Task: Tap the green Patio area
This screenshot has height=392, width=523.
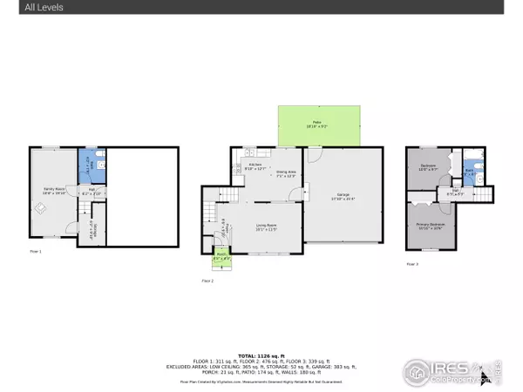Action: pos(319,126)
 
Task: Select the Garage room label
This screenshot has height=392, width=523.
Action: pos(343,197)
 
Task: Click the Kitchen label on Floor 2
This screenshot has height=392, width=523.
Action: pos(255,166)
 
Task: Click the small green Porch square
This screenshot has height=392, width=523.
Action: pos(223,258)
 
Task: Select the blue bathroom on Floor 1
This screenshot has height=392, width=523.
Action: pos(92,164)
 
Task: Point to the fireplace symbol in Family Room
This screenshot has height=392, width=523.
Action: pos(37,207)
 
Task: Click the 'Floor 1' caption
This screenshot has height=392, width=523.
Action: pos(36,251)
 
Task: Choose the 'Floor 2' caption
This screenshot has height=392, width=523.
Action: pos(208,281)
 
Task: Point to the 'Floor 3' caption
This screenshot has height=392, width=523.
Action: pos(412,262)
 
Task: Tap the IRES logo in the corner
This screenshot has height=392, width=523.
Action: pos(453,372)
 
